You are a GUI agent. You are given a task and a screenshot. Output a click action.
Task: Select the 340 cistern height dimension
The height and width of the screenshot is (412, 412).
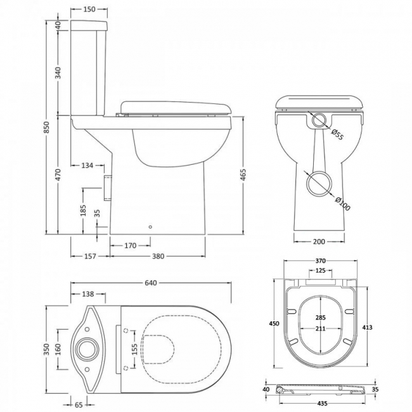point(58,72)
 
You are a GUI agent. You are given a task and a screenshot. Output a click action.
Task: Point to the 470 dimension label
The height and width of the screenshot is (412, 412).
point(58,176)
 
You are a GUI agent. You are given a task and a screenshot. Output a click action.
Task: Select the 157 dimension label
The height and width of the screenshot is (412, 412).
point(89,256)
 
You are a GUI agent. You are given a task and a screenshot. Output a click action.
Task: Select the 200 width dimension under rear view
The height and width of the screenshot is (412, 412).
point(319,241)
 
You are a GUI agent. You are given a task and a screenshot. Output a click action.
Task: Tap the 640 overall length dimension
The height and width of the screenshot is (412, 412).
point(150,283)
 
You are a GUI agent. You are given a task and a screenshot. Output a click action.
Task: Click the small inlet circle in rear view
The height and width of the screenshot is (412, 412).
point(321,120)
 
